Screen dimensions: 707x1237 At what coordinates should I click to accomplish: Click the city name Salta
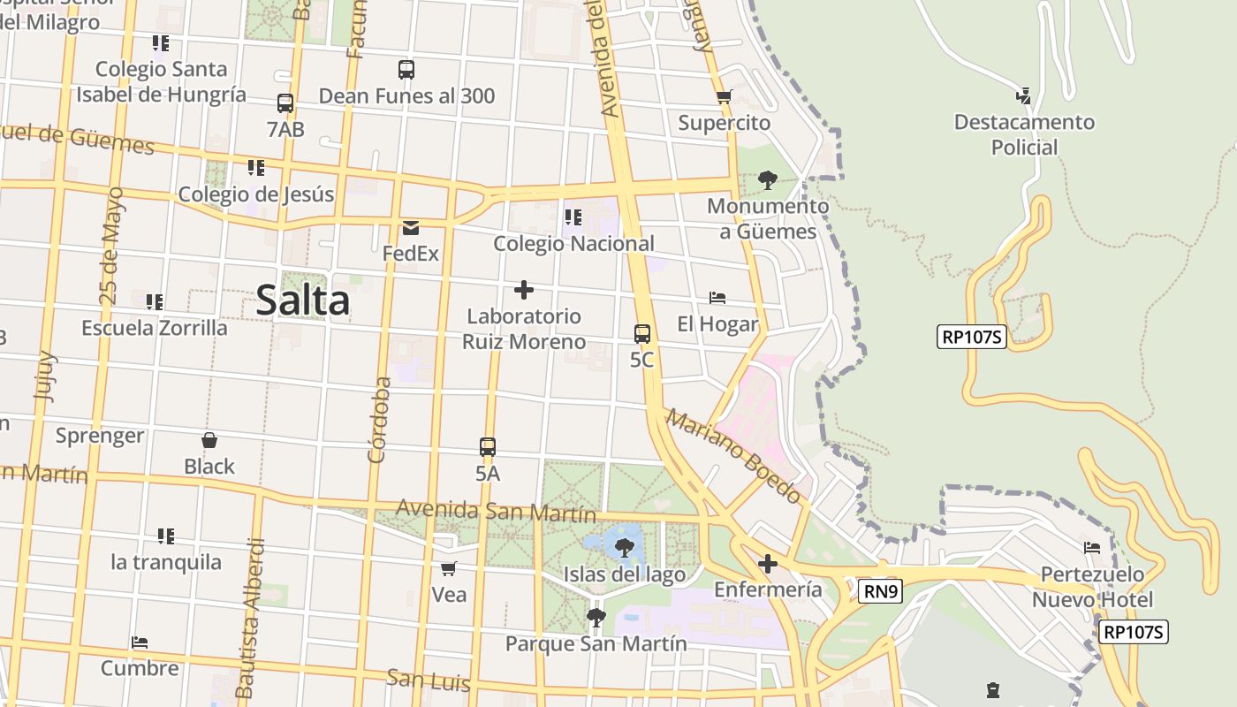pos(303,300)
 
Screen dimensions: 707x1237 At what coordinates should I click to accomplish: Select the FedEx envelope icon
pos(411,228)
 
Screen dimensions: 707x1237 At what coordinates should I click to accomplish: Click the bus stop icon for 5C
pos(642,334)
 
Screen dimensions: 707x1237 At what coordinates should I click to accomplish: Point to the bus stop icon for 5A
pos(488,447)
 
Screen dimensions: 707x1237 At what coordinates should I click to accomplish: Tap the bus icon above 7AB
pos(285,103)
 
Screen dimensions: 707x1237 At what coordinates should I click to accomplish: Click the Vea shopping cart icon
pos(449,568)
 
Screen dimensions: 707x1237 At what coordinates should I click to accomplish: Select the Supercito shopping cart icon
pos(725,97)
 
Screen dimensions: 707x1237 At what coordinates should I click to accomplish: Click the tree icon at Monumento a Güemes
pos(768,180)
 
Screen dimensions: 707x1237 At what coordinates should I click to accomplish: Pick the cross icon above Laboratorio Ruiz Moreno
pos(524,290)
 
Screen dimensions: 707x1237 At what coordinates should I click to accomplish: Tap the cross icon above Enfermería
pos(768,563)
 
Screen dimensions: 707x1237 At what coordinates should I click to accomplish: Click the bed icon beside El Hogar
pos(717,299)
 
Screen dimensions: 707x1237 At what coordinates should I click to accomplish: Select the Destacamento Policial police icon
pos(1024,95)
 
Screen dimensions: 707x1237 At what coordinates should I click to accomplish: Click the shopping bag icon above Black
pos(209,440)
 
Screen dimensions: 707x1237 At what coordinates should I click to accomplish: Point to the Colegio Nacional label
pos(573,244)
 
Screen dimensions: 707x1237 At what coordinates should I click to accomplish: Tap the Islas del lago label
pos(625,575)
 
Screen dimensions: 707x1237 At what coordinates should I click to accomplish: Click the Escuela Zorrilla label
pos(155,328)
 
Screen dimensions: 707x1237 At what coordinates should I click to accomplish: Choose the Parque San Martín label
pos(596,643)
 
